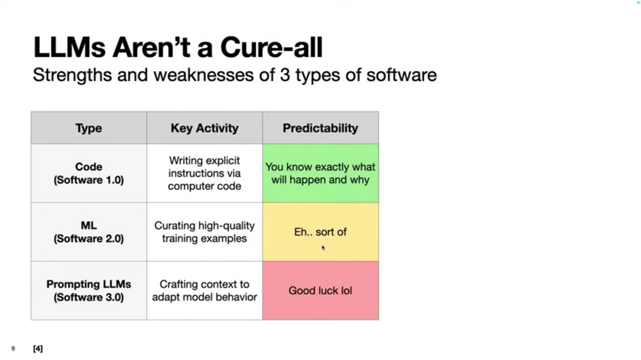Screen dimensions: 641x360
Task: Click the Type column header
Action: pyautogui.click(x=88, y=128)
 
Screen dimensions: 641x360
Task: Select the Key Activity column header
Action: pyautogui.click(x=204, y=128)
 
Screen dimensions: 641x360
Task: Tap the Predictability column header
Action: pyautogui.click(x=320, y=128)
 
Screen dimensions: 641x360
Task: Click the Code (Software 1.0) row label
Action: pyautogui.click(x=88, y=173)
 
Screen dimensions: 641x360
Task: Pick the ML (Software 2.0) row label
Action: pyautogui.click(x=88, y=232)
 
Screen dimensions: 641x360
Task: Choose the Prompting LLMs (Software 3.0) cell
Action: pyautogui.click(x=88, y=291)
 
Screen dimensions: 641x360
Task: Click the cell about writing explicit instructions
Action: pyautogui.click(x=204, y=173)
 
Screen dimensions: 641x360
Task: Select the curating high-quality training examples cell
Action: pyautogui.click(x=204, y=232)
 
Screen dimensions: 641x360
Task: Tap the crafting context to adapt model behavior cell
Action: pyautogui.click(x=204, y=291)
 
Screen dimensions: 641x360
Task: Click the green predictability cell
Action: pyautogui.click(x=320, y=173)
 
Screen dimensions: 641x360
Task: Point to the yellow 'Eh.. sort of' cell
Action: pyautogui.click(x=320, y=232)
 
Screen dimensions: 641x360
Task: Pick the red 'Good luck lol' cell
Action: pyautogui.click(x=320, y=291)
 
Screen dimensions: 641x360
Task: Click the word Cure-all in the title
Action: pyautogui.click(x=271, y=47)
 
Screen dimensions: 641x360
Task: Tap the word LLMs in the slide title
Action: pyautogui.click(x=69, y=47)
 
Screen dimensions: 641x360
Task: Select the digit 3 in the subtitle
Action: pyautogui.click(x=285, y=75)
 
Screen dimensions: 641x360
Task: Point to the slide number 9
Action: pyautogui.click(x=13, y=349)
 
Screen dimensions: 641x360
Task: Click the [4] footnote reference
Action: pyautogui.click(x=37, y=349)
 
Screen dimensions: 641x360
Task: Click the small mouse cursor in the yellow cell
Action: pyautogui.click(x=323, y=248)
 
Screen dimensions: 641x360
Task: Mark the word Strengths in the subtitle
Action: pyautogui.click(x=72, y=75)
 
